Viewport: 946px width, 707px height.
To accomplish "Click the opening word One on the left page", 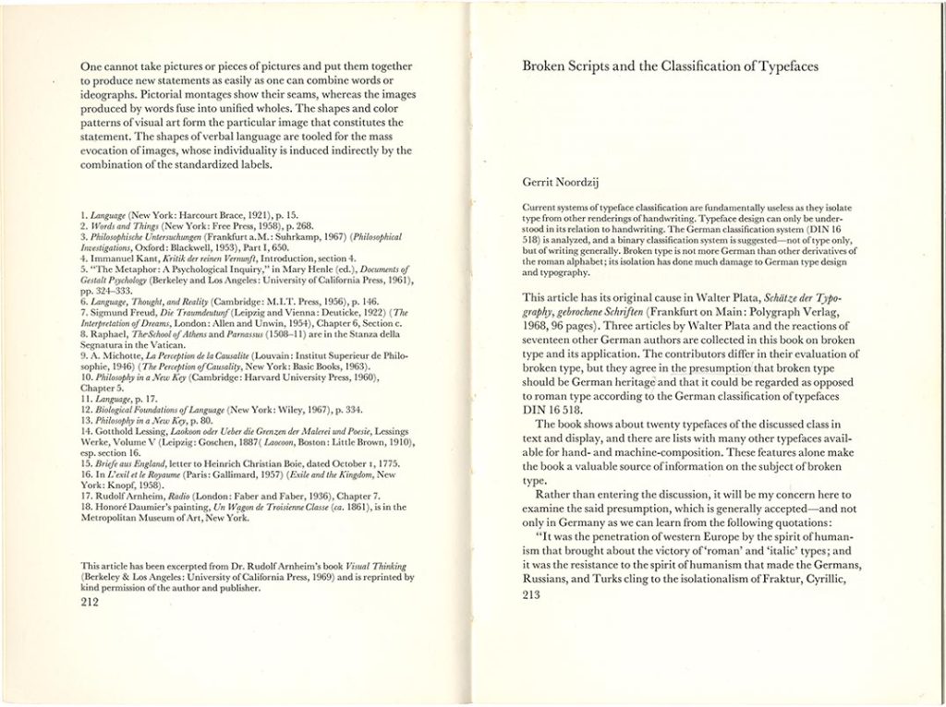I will point(91,66).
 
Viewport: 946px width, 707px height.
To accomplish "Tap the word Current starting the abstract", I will point(541,208).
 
